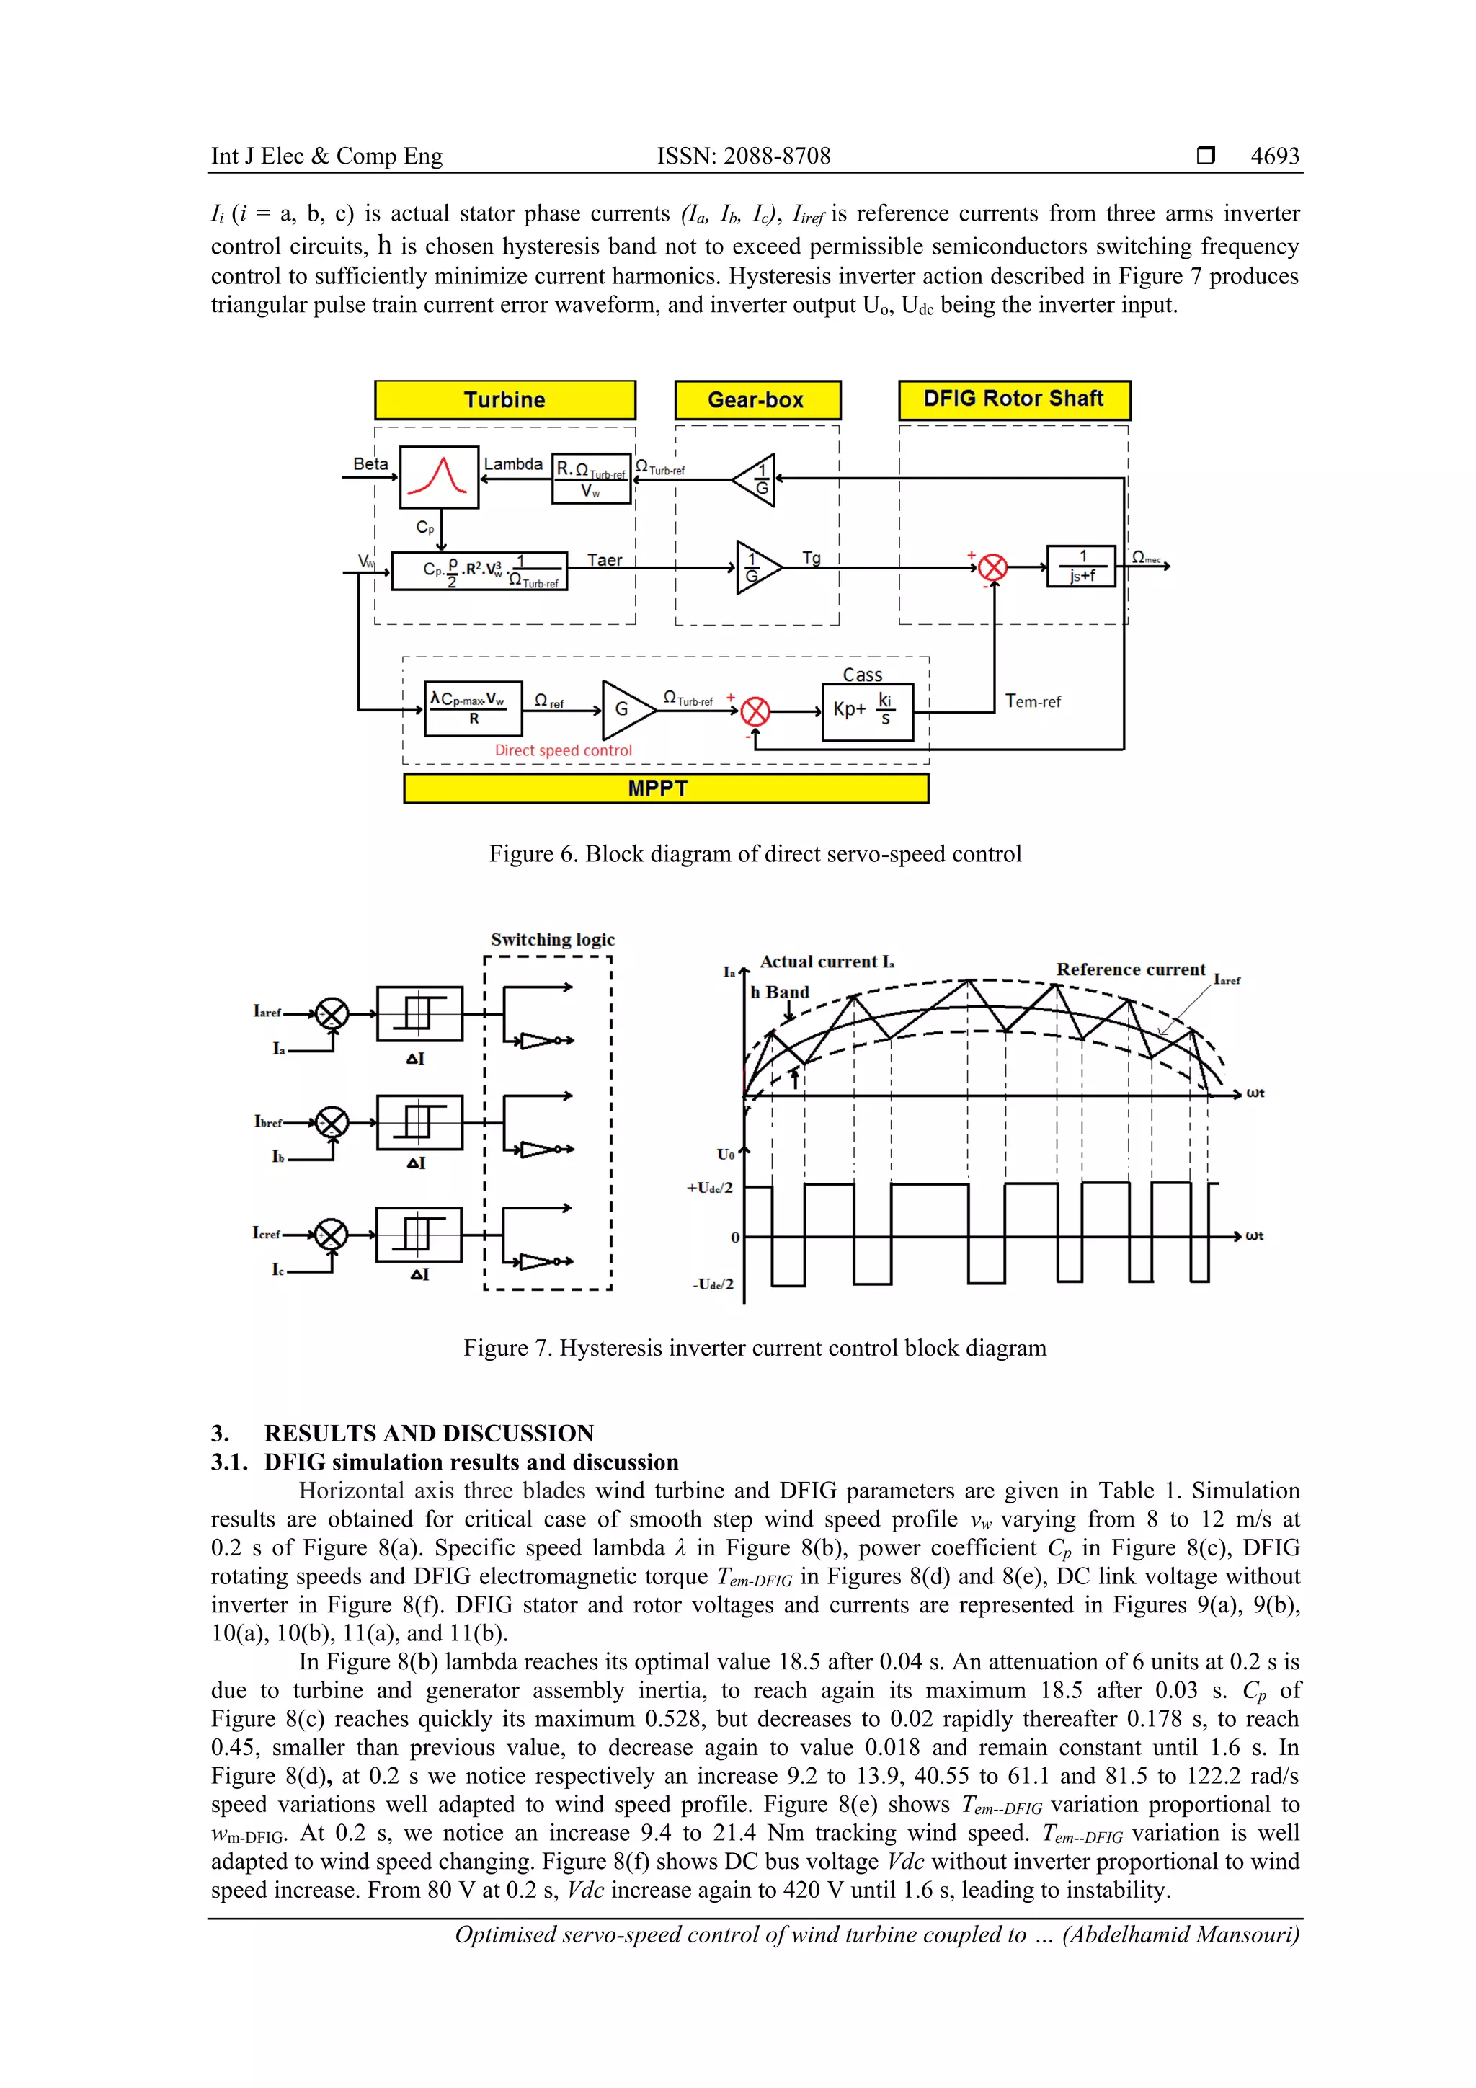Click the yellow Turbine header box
(x=504, y=400)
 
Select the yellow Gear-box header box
(x=757, y=400)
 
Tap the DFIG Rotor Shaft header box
(x=1014, y=399)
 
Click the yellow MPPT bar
(x=666, y=788)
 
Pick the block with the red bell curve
(x=439, y=476)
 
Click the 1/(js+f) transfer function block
(x=1081, y=567)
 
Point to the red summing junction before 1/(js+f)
(x=993, y=567)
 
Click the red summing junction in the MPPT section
(x=755, y=711)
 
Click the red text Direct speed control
(x=563, y=750)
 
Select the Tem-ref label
(x=1032, y=701)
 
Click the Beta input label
(x=370, y=463)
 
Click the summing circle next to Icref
(x=331, y=1235)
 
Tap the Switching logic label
(x=552, y=939)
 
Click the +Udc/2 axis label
(x=709, y=1188)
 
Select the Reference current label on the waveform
(x=1130, y=969)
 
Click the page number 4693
(x=1274, y=156)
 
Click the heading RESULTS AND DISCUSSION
(x=428, y=1434)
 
